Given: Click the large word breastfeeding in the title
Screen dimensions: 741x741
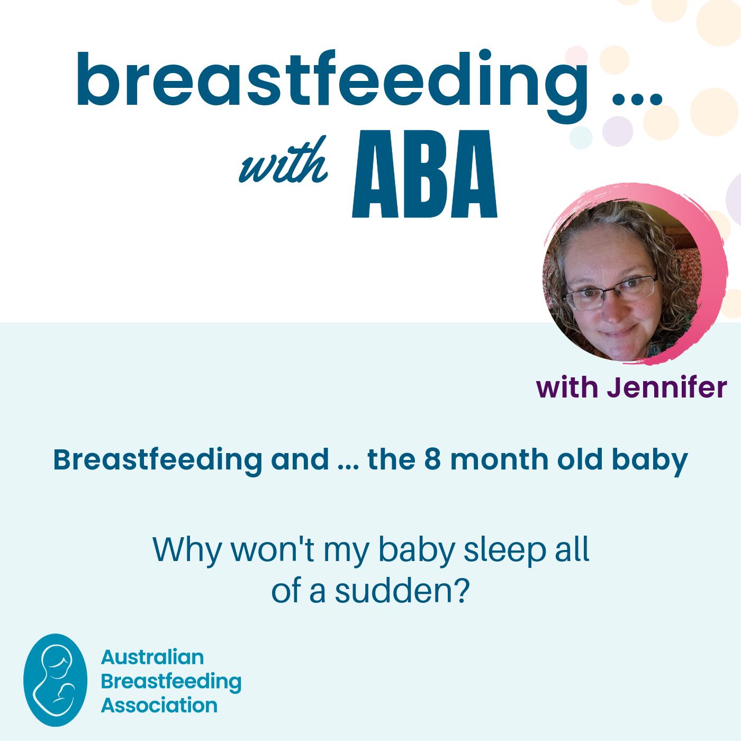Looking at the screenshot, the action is point(332,85).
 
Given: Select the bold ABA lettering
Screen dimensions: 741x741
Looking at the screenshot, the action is point(424,174).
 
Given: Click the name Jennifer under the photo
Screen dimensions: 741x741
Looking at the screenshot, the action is point(667,387).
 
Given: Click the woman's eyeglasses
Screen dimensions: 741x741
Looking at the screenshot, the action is point(611,292).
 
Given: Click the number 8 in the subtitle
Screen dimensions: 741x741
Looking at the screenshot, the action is point(432,459).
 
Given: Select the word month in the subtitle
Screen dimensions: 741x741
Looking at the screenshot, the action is point(499,459).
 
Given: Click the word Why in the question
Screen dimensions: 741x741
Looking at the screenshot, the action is point(187,549).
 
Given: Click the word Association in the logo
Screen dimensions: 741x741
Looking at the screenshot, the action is point(159,706).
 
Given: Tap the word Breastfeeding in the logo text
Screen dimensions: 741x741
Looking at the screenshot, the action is point(171,682).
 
